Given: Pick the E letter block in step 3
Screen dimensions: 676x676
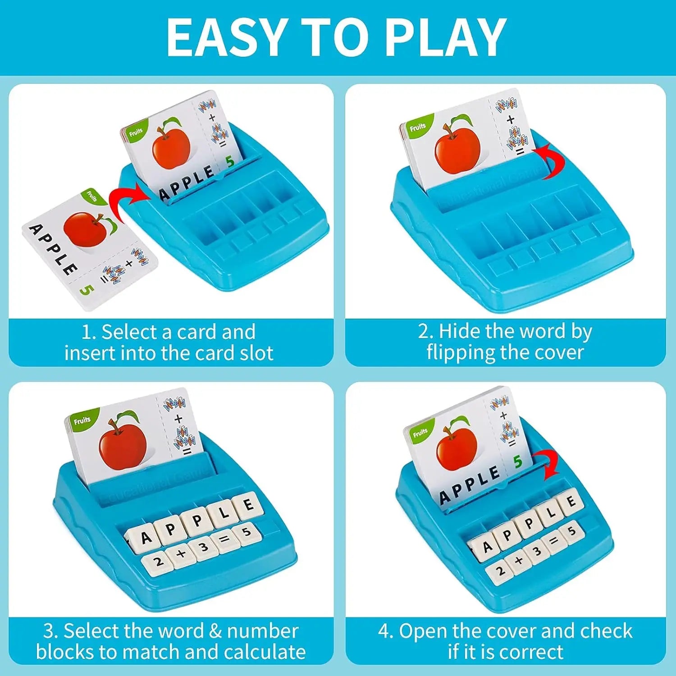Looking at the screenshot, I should coord(247,505).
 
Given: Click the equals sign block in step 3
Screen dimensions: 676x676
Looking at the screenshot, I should coord(224,539).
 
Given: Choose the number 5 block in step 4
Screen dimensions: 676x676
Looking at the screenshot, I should coord(572,531).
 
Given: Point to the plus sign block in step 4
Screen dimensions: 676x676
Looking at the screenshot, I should coord(518,560).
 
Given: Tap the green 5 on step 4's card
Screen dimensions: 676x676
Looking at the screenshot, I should coord(518,461).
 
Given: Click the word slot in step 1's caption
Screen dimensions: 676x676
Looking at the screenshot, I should coord(256,353).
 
